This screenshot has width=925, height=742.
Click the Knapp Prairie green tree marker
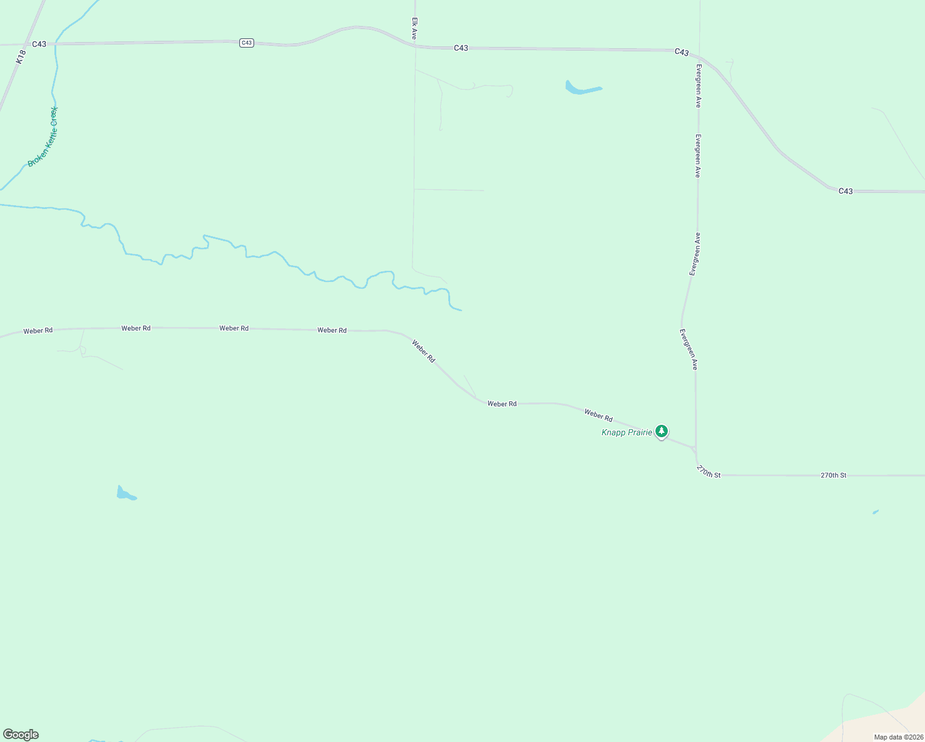[x=662, y=431]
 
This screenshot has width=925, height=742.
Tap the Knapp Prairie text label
[x=626, y=432]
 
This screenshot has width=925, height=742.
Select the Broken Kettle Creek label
[x=43, y=137]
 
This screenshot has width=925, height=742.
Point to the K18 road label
[x=20, y=58]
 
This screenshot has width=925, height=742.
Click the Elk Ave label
[x=414, y=28]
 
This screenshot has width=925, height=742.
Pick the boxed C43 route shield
[x=247, y=43]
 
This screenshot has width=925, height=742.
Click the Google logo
[x=21, y=735]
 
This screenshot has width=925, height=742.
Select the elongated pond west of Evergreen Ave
[x=581, y=89]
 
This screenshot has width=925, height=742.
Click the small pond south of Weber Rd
[x=126, y=494]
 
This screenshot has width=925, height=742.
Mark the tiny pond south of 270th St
[x=876, y=512]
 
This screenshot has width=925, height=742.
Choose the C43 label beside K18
[x=39, y=44]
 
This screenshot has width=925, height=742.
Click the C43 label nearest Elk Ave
[x=461, y=48]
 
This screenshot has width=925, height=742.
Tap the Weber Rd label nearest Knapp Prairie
[x=598, y=416]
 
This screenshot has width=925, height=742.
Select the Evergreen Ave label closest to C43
[x=698, y=86]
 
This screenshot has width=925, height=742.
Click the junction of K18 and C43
[x=25, y=45]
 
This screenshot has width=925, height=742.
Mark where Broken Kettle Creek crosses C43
[x=56, y=44]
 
